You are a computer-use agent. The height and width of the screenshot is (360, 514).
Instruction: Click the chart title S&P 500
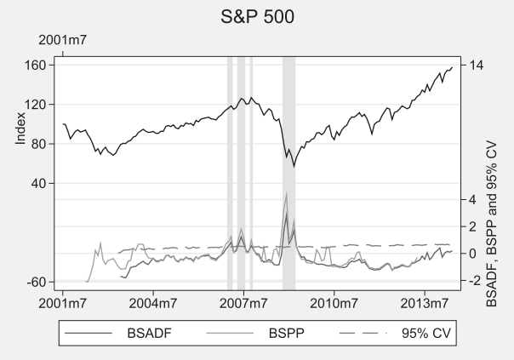point(257,17)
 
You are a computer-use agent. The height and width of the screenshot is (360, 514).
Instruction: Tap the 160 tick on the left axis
point(35,66)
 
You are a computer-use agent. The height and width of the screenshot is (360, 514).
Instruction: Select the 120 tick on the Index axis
point(35,105)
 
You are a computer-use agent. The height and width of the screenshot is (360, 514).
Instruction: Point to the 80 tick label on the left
point(38,144)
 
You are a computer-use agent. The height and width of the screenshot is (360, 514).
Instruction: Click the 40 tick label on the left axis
point(38,183)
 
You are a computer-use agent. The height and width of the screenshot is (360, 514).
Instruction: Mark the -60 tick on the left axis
point(36,282)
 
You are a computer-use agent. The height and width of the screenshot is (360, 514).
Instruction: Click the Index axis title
point(20,129)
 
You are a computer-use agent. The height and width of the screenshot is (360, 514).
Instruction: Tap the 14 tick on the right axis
point(477,66)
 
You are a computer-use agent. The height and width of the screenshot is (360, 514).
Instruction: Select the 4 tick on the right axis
point(472,199)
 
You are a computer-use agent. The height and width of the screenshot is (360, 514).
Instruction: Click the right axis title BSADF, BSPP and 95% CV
point(492,224)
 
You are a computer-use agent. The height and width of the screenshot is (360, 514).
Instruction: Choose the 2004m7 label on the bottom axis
point(153,304)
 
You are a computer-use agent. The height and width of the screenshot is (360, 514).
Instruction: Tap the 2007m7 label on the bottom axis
point(243,304)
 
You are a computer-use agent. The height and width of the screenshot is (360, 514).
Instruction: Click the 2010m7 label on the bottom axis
point(334,304)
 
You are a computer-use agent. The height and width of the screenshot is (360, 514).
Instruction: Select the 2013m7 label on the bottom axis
point(424,304)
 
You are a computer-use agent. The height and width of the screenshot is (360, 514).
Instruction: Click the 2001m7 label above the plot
point(63,40)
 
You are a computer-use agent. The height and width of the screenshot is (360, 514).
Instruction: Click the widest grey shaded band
point(289,174)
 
